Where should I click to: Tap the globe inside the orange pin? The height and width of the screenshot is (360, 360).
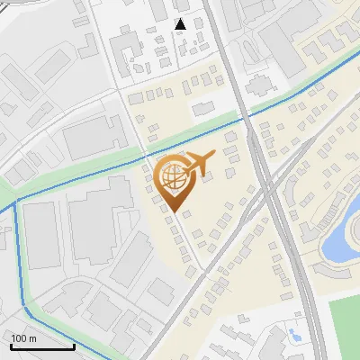click(173, 177)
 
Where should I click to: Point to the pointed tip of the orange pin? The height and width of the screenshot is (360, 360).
click(173, 212)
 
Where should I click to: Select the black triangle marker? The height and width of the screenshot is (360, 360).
click(180, 23)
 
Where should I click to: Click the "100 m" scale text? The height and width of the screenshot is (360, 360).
click(24, 338)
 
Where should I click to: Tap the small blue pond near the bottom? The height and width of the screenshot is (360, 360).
click(294, 335)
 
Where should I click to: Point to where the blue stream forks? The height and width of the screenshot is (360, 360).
click(16, 205)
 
